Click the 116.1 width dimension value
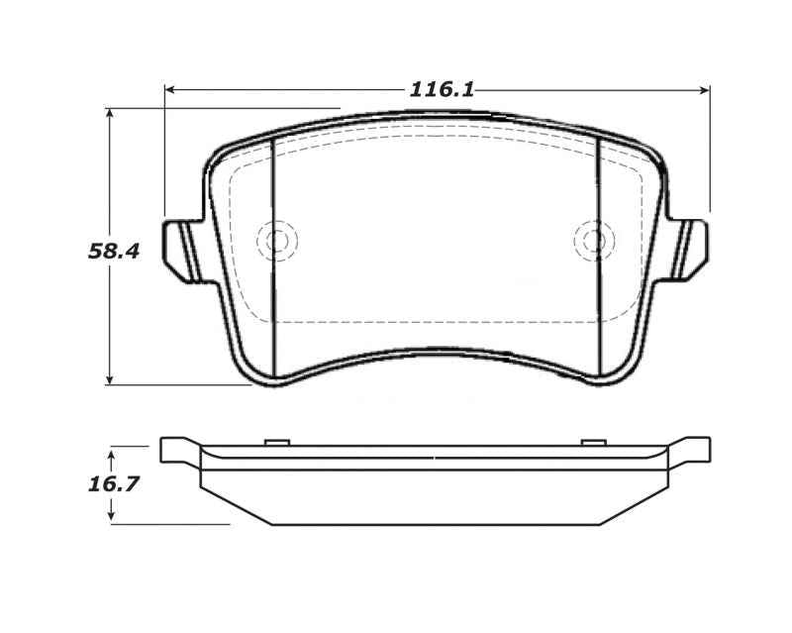point(442,90)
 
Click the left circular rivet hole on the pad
point(276,240)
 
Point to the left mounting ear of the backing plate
point(180,249)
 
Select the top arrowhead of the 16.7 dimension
point(112,452)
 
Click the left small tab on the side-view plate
point(275,441)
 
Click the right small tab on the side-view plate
point(592,441)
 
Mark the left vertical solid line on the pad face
point(271,258)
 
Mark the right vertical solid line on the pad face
point(600,258)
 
